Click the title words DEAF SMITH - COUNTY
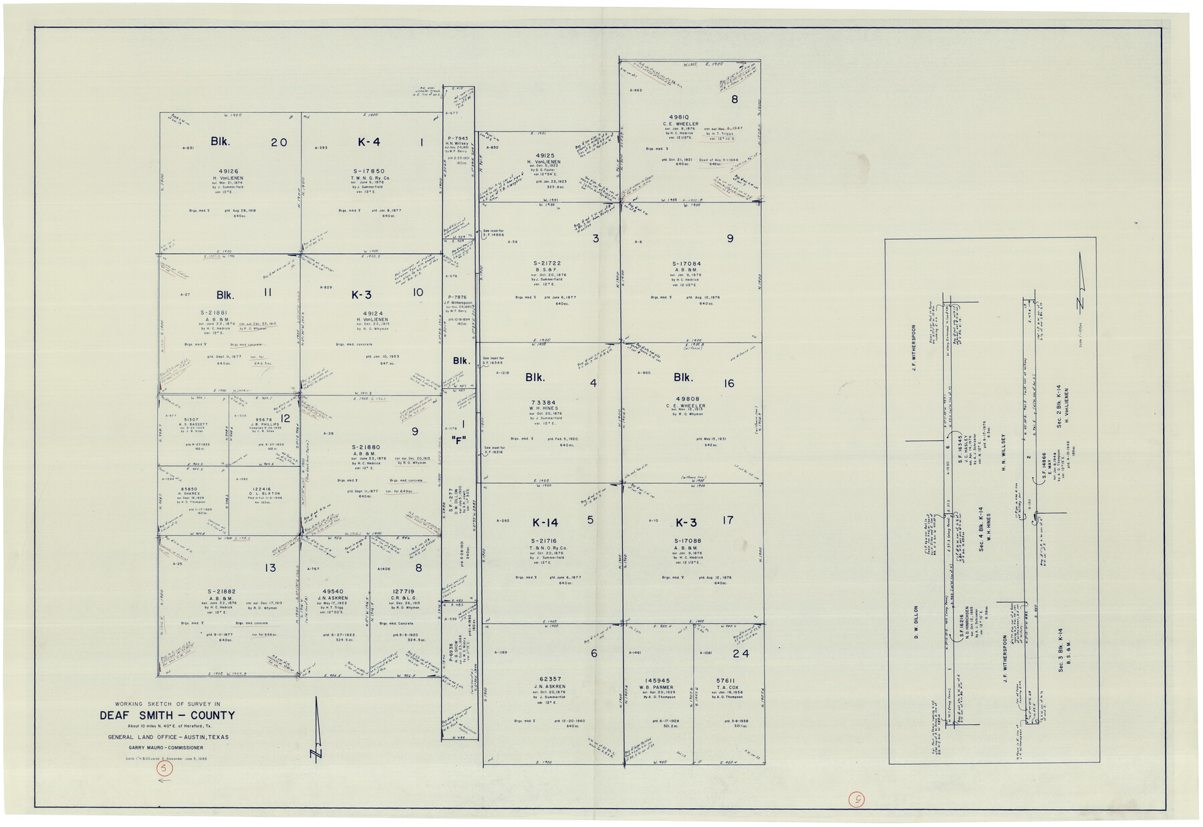tap(167, 715)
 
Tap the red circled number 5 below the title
tap(164, 769)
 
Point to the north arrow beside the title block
tap(317, 731)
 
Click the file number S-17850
tap(369, 171)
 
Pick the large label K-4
tap(369, 142)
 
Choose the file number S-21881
tap(214, 313)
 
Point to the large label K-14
tap(545, 522)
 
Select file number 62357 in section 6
tap(551, 679)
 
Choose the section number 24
tap(741, 653)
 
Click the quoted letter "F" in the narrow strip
tap(458, 440)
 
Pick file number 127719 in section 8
tap(404, 591)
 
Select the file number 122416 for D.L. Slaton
tap(263, 489)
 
